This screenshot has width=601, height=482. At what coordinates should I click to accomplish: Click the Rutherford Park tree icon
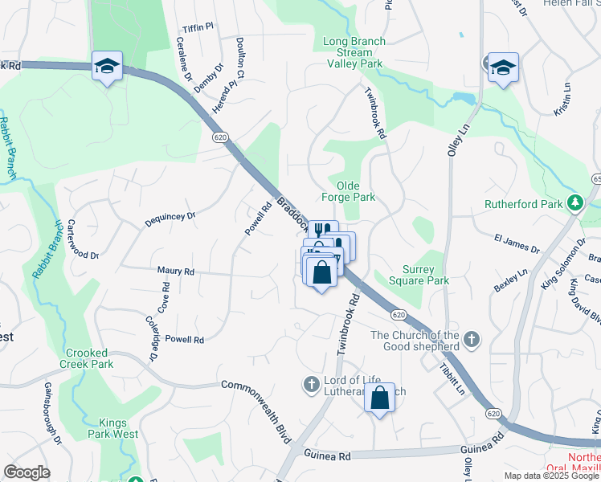pyautogui.click(x=575, y=204)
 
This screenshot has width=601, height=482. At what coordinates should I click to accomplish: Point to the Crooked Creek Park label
pyautogui.click(x=90, y=358)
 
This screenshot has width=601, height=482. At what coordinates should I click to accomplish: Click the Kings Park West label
pyautogui.click(x=118, y=428)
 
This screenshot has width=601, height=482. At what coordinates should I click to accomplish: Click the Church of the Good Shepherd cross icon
pyautogui.click(x=472, y=340)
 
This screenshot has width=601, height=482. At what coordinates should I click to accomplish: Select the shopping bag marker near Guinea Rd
pyautogui.click(x=379, y=398)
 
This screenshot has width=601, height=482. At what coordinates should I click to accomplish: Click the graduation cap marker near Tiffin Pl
pyautogui.click(x=106, y=67)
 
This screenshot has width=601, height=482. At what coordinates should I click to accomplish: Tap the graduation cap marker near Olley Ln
pyautogui.click(x=503, y=67)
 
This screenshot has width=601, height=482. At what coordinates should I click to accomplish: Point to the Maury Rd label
pyautogui.click(x=177, y=272)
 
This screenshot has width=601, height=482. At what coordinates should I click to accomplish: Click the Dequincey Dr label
pyautogui.click(x=170, y=217)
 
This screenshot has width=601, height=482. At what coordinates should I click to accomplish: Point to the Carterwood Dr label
pyautogui.click(x=82, y=239)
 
